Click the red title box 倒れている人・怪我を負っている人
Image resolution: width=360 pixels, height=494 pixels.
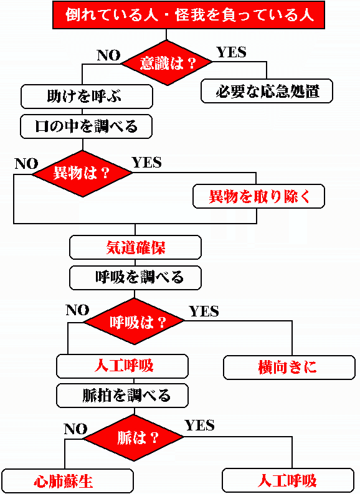189,15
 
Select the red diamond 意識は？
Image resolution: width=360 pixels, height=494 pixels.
167,63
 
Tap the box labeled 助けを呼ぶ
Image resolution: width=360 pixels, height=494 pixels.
87,97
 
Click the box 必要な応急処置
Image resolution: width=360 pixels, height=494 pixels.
267,91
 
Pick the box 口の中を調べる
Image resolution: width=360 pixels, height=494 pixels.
87,126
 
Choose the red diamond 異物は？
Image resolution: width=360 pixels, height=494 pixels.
82,173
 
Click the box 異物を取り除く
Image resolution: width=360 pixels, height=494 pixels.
258,196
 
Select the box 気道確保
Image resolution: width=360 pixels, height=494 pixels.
135,247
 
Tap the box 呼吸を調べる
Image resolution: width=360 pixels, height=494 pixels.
135,278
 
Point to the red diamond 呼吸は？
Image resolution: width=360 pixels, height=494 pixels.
134,321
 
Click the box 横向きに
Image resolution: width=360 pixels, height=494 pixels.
289,368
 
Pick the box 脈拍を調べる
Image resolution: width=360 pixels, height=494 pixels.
122,396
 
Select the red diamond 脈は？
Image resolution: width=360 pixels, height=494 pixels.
134,437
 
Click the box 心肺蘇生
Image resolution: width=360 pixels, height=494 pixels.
67,481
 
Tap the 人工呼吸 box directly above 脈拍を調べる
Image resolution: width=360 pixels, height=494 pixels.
122,366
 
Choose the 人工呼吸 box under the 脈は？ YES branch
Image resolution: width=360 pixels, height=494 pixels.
288,480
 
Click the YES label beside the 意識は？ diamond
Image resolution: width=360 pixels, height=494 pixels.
232,52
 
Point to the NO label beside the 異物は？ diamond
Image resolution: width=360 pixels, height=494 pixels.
26,163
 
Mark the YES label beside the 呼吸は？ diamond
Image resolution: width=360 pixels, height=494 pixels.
204,311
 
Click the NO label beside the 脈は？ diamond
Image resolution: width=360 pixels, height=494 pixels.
75,429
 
